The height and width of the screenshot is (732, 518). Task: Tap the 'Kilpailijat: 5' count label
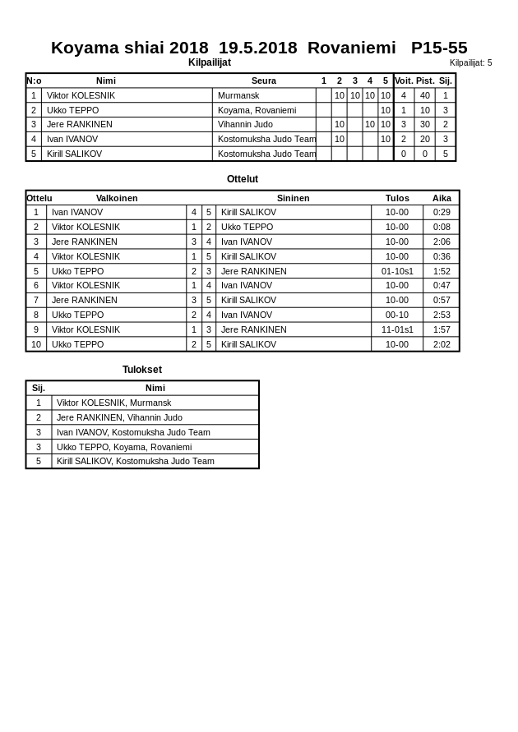470,62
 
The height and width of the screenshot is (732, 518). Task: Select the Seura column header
263,81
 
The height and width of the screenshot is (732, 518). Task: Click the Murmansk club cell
238,95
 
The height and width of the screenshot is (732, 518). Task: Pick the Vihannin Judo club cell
245,124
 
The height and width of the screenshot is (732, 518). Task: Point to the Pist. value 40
424,95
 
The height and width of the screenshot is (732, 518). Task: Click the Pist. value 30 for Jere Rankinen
424,124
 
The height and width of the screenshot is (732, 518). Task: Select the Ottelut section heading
243,179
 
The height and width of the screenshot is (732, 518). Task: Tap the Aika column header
442,198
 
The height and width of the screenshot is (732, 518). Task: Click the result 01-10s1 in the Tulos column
397,271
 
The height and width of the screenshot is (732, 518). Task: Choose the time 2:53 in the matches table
442,315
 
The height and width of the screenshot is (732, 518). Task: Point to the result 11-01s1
397,329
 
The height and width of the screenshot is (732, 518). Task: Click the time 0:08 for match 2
442,227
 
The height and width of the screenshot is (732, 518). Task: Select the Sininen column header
293,198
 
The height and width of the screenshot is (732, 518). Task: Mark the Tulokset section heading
142,370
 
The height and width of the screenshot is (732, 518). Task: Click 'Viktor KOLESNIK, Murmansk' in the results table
113,403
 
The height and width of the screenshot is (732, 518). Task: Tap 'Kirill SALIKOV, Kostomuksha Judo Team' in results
135,461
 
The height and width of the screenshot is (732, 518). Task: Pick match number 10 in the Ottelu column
36,344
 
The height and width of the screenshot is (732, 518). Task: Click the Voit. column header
404,81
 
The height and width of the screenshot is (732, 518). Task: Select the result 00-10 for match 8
397,315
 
